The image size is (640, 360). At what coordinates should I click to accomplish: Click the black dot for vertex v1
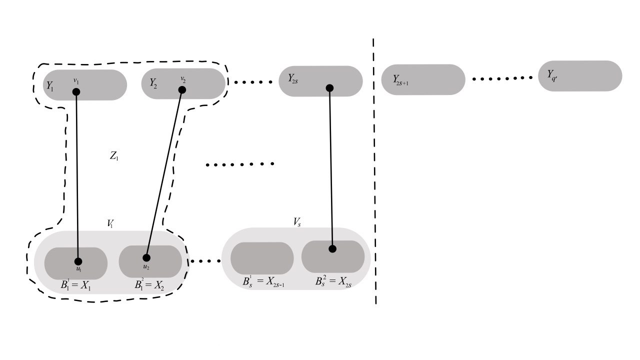[76, 91]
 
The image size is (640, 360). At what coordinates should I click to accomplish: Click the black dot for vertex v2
[182, 90]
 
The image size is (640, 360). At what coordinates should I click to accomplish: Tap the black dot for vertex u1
[78, 261]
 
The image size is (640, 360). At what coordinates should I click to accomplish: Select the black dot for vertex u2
[146, 258]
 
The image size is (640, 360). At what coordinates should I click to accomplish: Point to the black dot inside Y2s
[329, 88]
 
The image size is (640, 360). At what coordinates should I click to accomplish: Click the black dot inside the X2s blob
[332, 248]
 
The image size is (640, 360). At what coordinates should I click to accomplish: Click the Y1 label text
[49, 85]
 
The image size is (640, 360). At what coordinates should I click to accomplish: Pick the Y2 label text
[153, 83]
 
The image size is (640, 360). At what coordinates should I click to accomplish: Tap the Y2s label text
[293, 78]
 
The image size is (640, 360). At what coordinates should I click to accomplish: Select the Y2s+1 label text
[400, 80]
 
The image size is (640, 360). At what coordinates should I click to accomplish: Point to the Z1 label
[114, 156]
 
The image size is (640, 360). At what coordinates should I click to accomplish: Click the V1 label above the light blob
[110, 223]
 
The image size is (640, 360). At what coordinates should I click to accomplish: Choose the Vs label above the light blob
[297, 222]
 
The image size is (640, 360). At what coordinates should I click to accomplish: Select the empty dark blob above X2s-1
[261, 258]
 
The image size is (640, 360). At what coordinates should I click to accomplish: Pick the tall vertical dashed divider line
[374, 170]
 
